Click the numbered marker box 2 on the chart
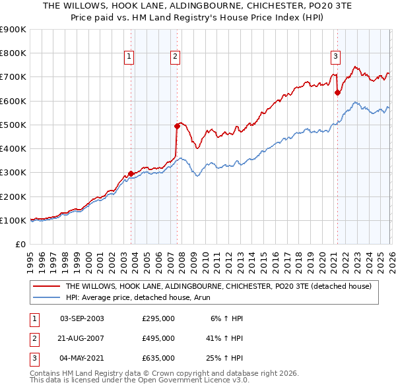(175, 57)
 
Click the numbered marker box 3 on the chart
(335, 57)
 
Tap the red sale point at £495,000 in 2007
(177, 126)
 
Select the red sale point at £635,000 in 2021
(337, 93)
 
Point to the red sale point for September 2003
(131, 174)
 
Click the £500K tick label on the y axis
(13, 125)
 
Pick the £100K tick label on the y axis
(13, 220)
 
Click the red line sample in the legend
(47, 287)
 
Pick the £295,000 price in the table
(158, 318)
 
